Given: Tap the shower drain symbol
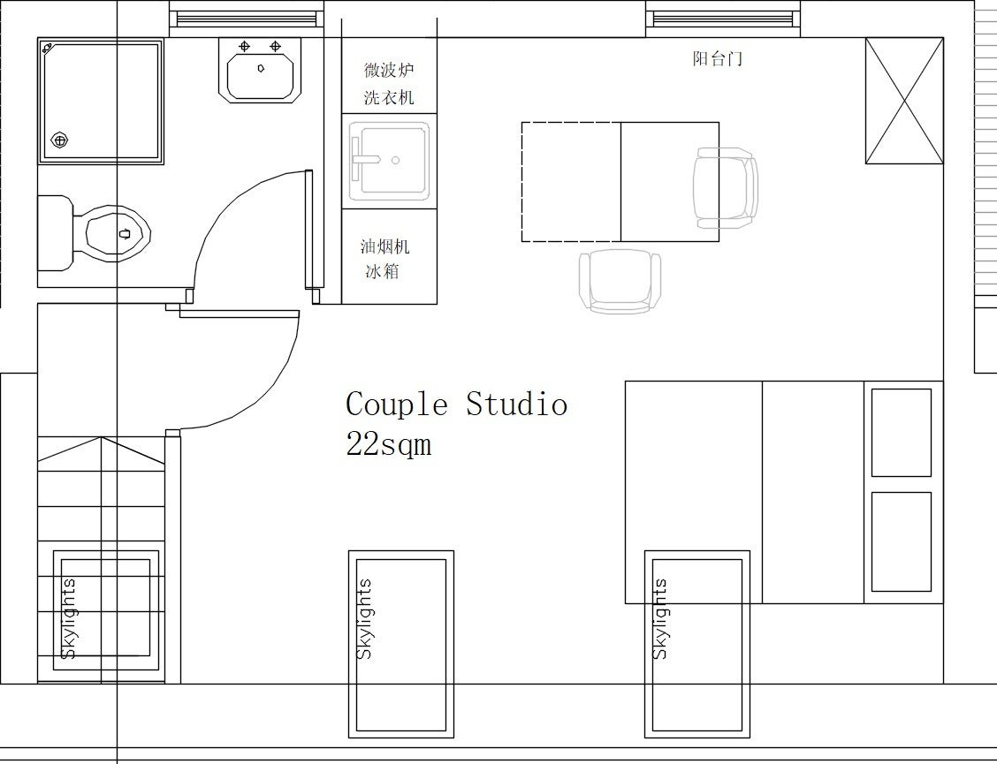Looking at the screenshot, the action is coord(59,140).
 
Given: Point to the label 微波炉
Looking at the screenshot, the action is coord(389,69).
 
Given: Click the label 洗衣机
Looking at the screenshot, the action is coord(389,97).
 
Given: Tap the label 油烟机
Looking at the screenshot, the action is coord(384,246).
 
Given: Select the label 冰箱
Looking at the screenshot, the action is coord(382,271).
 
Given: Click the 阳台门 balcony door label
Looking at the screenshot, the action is coord(717,59).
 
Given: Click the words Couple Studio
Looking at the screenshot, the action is coord(457,405).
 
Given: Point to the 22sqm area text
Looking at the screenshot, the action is coord(389,443).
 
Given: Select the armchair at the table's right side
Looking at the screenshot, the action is coord(726,187).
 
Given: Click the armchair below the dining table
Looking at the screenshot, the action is coord(620,281).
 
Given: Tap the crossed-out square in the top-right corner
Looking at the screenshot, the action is coord(904,101).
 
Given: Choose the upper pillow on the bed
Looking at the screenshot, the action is coord(901,432).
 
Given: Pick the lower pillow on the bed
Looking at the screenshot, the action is coord(901,541).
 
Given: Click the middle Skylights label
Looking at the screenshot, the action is coord(364,618).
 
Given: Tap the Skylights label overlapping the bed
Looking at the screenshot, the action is coord(660,618).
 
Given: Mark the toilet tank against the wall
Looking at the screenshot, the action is coord(56,233).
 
